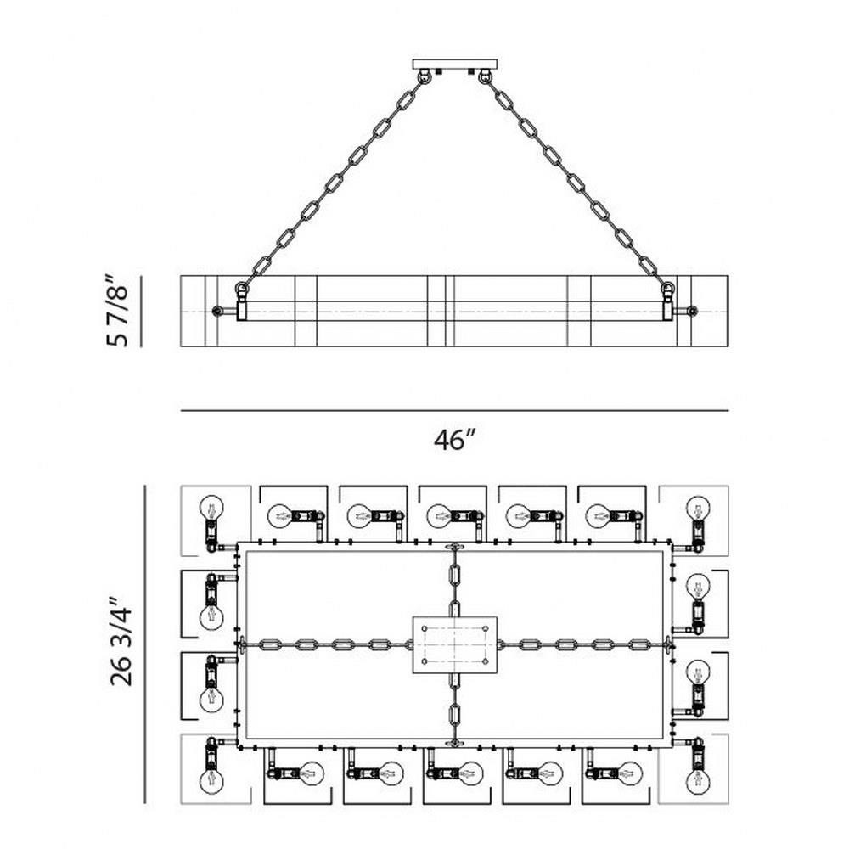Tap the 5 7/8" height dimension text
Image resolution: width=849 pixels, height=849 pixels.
[x=117, y=311]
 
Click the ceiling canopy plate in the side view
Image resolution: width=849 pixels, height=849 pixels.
[x=454, y=64]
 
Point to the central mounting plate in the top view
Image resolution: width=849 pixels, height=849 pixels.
[x=455, y=644]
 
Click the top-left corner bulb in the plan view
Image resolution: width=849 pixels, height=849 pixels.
[x=211, y=508]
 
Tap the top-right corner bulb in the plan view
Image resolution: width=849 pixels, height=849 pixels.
[x=698, y=508]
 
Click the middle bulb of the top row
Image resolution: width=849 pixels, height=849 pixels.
[x=439, y=516]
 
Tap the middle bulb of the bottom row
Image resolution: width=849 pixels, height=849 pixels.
[x=470, y=774]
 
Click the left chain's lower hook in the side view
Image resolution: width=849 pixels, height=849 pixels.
[x=241, y=290]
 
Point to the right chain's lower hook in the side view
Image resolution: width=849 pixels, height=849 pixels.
[x=669, y=290]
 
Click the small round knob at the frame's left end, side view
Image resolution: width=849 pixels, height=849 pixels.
[x=217, y=312]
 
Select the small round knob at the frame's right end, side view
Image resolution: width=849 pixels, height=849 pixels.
[x=691, y=312]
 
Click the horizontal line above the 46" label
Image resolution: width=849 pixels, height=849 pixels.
[x=455, y=411]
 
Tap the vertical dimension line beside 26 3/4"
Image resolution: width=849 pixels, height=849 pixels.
[x=145, y=644]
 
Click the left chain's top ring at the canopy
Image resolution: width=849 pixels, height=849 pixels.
[x=425, y=76]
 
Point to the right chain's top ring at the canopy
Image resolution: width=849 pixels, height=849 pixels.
[x=484, y=76]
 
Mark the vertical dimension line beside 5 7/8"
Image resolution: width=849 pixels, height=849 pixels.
[x=141, y=312]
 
